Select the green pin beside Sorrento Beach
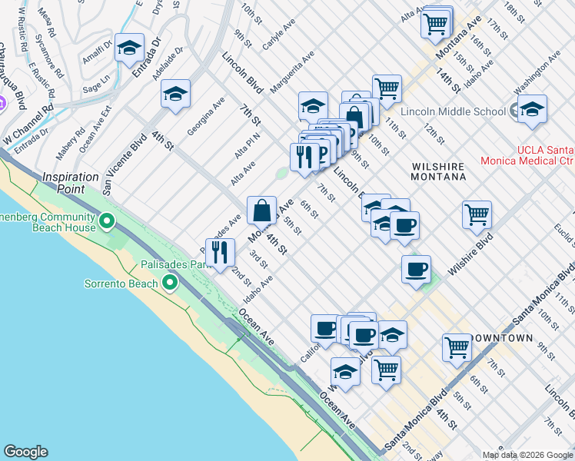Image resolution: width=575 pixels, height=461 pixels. (x=171, y=284)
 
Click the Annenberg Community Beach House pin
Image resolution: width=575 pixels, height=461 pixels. (x=107, y=223)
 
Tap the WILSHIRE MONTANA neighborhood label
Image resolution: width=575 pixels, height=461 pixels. (x=439, y=171)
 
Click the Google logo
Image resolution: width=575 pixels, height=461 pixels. (x=25, y=452)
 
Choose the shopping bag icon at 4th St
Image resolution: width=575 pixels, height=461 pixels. (x=261, y=209)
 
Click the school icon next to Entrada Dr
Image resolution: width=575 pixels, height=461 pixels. (x=129, y=48)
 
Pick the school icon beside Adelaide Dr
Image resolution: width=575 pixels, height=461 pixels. (x=175, y=95)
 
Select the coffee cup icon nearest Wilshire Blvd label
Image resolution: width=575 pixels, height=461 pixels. (x=416, y=269)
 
